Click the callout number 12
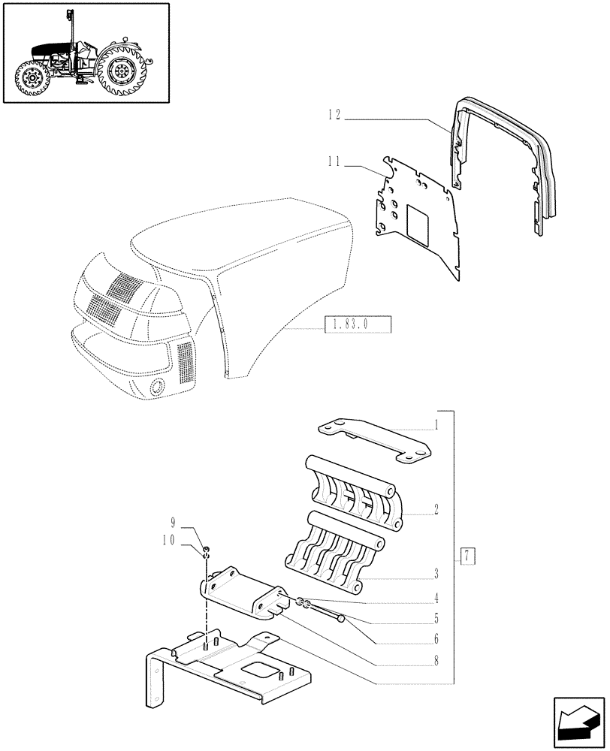point(334,115)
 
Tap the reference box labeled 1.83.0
point(358,325)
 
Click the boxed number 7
point(467,556)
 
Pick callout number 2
point(435,509)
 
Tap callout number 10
point(169,539)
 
